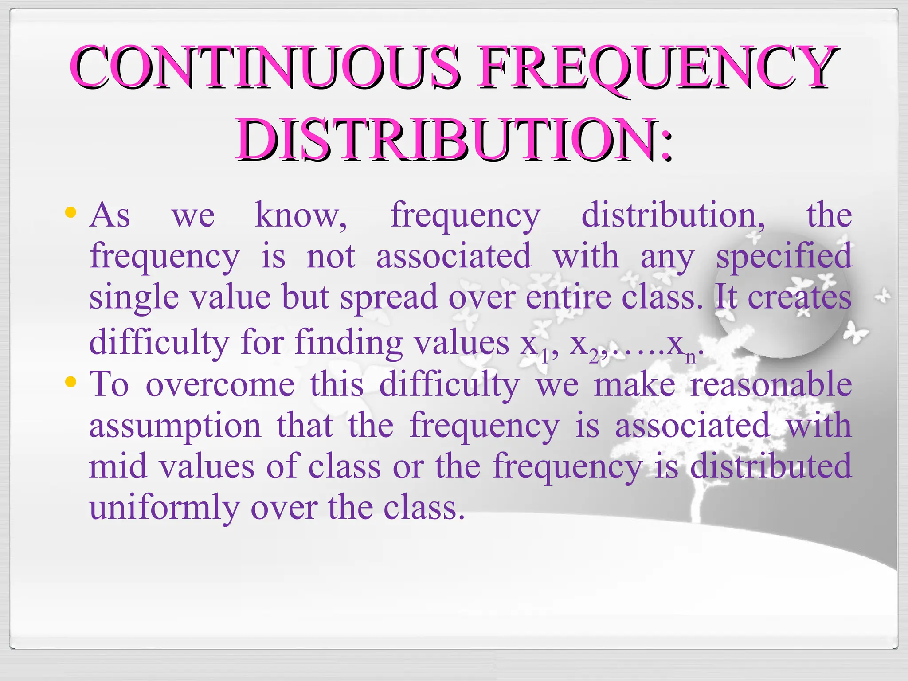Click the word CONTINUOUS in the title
tap(263, 67)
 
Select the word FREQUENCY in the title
tap(655, 67)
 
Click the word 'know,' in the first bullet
tap(301, 215)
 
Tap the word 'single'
tap(134, 298)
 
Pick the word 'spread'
tap(389, 298)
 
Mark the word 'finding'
tap(348, 343)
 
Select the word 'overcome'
tap(220, 384)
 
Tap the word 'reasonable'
tap(771, 384)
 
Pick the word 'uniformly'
tap(164, 508)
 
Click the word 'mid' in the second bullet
tap(117, 466)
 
